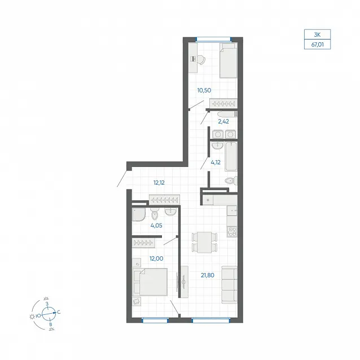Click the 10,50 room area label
[204, 90]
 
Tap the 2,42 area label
[223, 121]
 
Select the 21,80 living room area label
[208, 275]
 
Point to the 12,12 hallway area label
[159, 183]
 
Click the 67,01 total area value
[317, 45]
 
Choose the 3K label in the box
[317, 34]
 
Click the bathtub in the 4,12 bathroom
[231, 156]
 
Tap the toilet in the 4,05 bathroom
[155, 213]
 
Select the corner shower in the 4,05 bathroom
[139, 214]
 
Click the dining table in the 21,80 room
[204, 243]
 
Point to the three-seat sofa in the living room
[229, 284]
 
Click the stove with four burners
[232, 232]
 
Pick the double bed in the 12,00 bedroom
[150, 282]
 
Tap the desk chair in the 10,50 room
[201, 60]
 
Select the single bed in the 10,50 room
[228, 60]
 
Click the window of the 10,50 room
[213, 39]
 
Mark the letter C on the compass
[59, 312]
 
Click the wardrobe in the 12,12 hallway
[164, 200]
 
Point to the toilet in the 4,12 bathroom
[231, 181]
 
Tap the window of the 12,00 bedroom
[155, 320]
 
